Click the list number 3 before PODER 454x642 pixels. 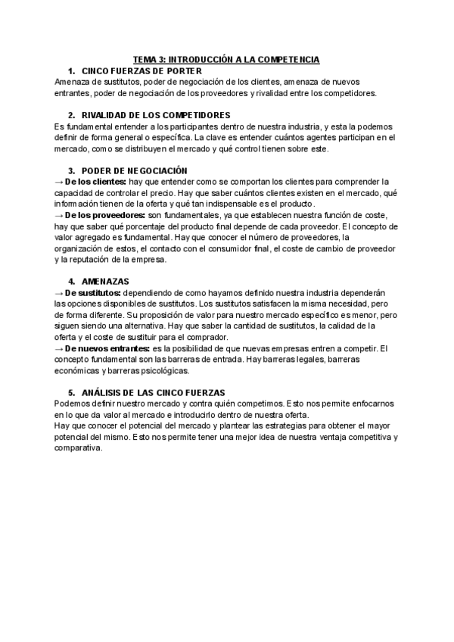(x=71, y=171)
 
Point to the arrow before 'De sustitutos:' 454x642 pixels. (x=59, y=292)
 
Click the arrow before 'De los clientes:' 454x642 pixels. (x=59, y=182)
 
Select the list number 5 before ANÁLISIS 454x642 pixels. (x=71, y=392)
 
